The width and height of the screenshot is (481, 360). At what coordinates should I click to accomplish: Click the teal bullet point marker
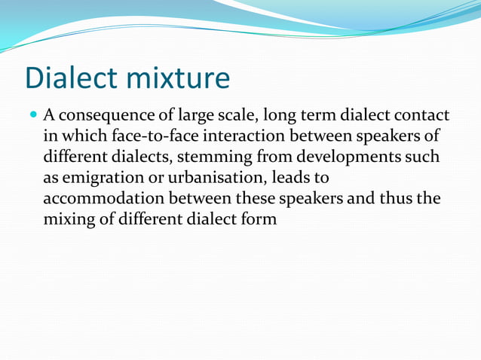pos(32,115)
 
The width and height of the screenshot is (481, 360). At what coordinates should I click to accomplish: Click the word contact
pos(422,115)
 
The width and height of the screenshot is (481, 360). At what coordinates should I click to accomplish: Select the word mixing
pos(69,220)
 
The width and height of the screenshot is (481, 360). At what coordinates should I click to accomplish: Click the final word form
pos(260,220)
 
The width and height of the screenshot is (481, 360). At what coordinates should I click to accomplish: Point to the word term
pos(317,115)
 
